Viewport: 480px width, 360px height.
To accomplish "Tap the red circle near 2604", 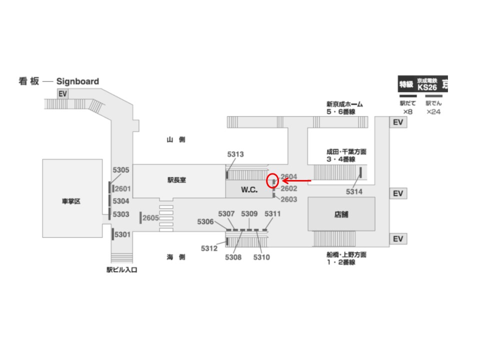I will tap(272, 180).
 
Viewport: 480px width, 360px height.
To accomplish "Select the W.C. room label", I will tap(248, 190).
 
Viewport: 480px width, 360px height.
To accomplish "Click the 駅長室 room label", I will tap(176, 180).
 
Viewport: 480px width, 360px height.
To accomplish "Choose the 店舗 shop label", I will tap(341, 214).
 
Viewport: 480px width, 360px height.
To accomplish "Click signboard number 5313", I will tap(235, 154).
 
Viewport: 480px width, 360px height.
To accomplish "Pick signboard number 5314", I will tap(354, 191).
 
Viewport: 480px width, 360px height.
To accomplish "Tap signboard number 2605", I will tap(150, 218).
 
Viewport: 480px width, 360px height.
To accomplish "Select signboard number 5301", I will tap(122, 234).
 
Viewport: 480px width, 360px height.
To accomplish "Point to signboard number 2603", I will tap(289, 199).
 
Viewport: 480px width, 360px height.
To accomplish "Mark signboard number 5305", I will tap(121, 169).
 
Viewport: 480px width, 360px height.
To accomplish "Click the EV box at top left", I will tap(62, 94).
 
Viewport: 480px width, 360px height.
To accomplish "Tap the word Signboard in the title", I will tap(77, 81).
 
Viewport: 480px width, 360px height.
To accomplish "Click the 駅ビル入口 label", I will tap(121, 270).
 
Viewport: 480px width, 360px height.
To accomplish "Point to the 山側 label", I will tap(176, 140).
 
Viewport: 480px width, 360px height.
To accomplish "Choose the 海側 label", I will tap(176, 257).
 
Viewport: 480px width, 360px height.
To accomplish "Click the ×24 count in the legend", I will tap(433, 112).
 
